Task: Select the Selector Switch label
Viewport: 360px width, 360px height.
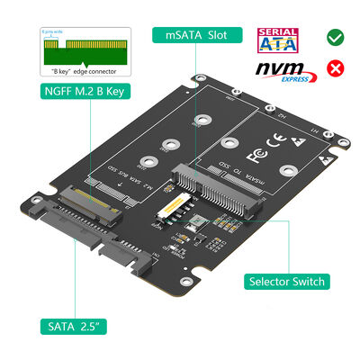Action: pos(286,282)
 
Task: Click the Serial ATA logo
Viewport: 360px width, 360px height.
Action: pos(279,39)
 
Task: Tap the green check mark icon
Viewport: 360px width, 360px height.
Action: pos(334,38)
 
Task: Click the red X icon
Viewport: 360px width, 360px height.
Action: pos(334,69)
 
